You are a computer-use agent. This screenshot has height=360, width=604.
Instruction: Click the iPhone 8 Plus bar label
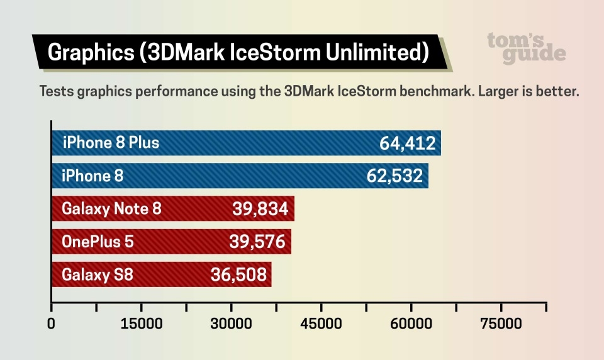click(111, 143)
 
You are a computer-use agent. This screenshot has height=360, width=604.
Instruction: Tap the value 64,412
click(407, 143)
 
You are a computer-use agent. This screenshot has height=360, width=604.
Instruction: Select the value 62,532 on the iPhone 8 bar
click(394, 176)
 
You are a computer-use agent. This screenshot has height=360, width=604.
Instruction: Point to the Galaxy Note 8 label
click(111, 209)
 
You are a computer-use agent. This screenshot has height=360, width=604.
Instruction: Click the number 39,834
click(260, 209)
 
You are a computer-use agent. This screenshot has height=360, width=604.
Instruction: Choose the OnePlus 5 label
click(98, 242)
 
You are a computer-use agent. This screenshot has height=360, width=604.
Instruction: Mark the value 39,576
click(258, 242)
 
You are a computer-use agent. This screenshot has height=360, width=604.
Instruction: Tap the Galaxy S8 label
click(97, 274)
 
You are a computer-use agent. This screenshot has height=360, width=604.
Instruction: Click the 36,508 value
click(238, 274)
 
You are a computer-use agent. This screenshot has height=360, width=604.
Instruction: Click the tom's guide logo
click(526, 47)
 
